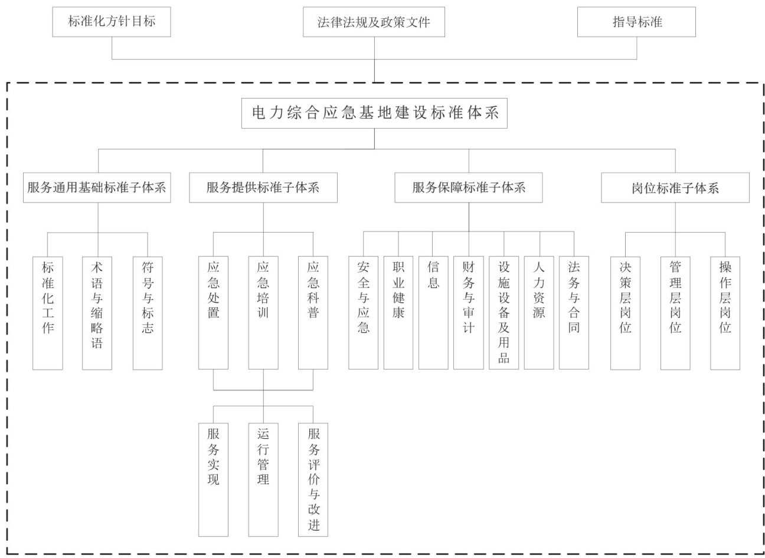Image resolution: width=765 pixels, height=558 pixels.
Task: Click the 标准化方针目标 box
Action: click(112, 22)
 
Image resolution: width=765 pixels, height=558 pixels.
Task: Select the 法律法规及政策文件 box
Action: click(374, 22)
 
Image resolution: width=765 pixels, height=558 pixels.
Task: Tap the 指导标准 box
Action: click(637, 22)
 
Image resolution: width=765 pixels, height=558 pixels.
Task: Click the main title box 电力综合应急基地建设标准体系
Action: click(375, 113)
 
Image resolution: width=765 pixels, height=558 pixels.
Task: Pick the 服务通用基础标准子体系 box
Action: click(97, 188)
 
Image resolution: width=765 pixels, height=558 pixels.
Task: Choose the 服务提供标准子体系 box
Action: click(263, 188)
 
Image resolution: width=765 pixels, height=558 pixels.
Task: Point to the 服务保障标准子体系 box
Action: click(469, 188)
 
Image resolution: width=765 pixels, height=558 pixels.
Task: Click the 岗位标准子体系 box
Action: click(675, 188)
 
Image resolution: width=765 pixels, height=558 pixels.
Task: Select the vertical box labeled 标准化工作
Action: click(48, 313)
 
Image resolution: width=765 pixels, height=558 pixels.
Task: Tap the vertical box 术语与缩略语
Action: click(97, 313)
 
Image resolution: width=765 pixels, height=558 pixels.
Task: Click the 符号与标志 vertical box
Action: click(148, 313)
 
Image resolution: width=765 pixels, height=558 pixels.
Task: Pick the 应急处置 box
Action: click(213, 313)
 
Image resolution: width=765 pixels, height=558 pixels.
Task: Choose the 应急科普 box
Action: click(313, 313)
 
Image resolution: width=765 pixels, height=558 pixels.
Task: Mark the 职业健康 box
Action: click(398, 313)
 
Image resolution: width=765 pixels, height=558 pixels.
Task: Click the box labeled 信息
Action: click(433, 313)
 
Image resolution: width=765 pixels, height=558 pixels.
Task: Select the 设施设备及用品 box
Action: click(504, 313)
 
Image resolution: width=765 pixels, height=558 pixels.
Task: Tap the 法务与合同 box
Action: click(574, 313)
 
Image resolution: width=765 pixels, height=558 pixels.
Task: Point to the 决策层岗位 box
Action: click(625, 313)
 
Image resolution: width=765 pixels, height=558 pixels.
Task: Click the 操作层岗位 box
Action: click(725, 313)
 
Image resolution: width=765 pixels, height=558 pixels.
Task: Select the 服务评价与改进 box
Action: click(313, 479)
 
